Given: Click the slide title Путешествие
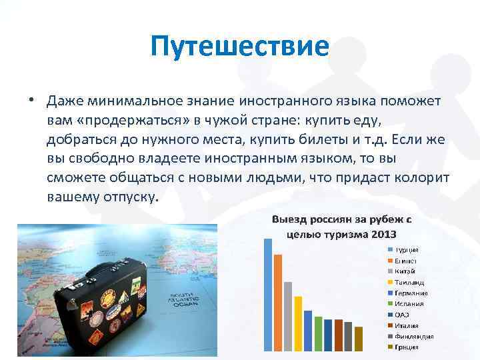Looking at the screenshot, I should click(x=239, y=47).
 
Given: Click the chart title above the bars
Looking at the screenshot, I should click(x=341, y=227).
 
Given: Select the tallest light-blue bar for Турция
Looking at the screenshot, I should click(x=268, y=294).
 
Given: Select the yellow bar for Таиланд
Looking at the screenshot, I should click(x=298, y=323).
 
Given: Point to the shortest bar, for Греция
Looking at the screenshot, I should click(x=359, y=338).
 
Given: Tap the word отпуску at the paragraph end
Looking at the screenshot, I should click(x=126, y=198).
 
